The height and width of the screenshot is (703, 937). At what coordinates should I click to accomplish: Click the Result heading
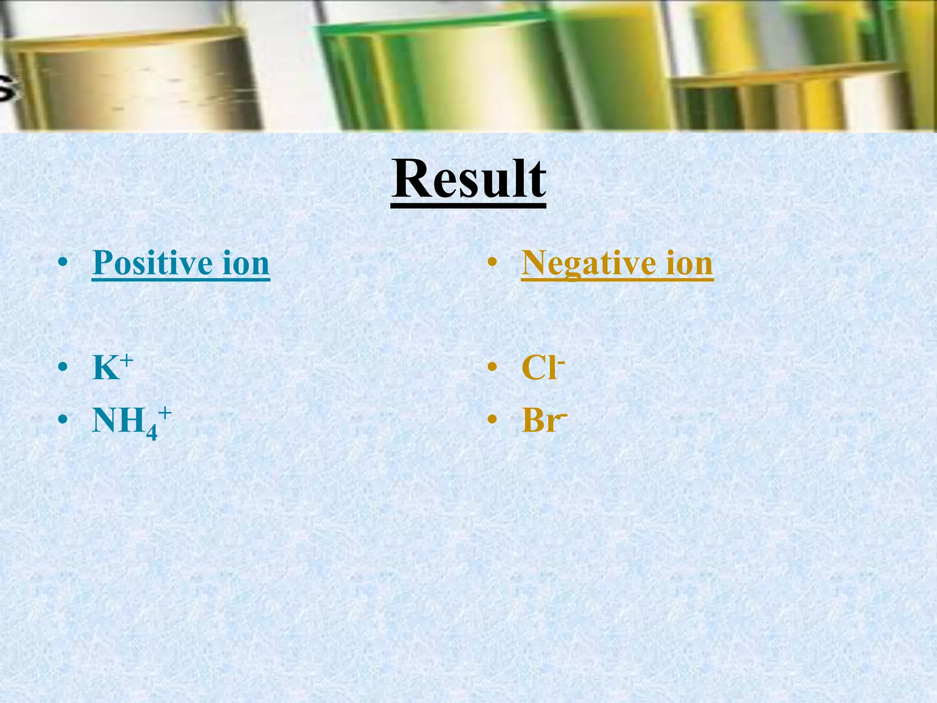click(x=468, y=179)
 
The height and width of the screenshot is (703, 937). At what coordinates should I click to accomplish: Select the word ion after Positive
click(x=246, y=263)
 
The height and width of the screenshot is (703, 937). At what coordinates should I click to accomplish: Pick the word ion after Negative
click(x=689, y=263)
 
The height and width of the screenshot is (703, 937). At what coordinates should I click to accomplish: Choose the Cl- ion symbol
click(x=543, y=367)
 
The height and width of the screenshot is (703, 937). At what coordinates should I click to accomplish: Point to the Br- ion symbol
click(x=544, y=420)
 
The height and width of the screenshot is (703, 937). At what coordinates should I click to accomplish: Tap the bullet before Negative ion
click(x=492, y=263)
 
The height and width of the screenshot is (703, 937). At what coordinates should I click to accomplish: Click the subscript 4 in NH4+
click(x=152, y=432)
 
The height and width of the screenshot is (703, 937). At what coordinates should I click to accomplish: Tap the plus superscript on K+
click(x=127, y=361)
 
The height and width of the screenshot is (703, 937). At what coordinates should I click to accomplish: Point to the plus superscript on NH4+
click(x=165, y=413)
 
